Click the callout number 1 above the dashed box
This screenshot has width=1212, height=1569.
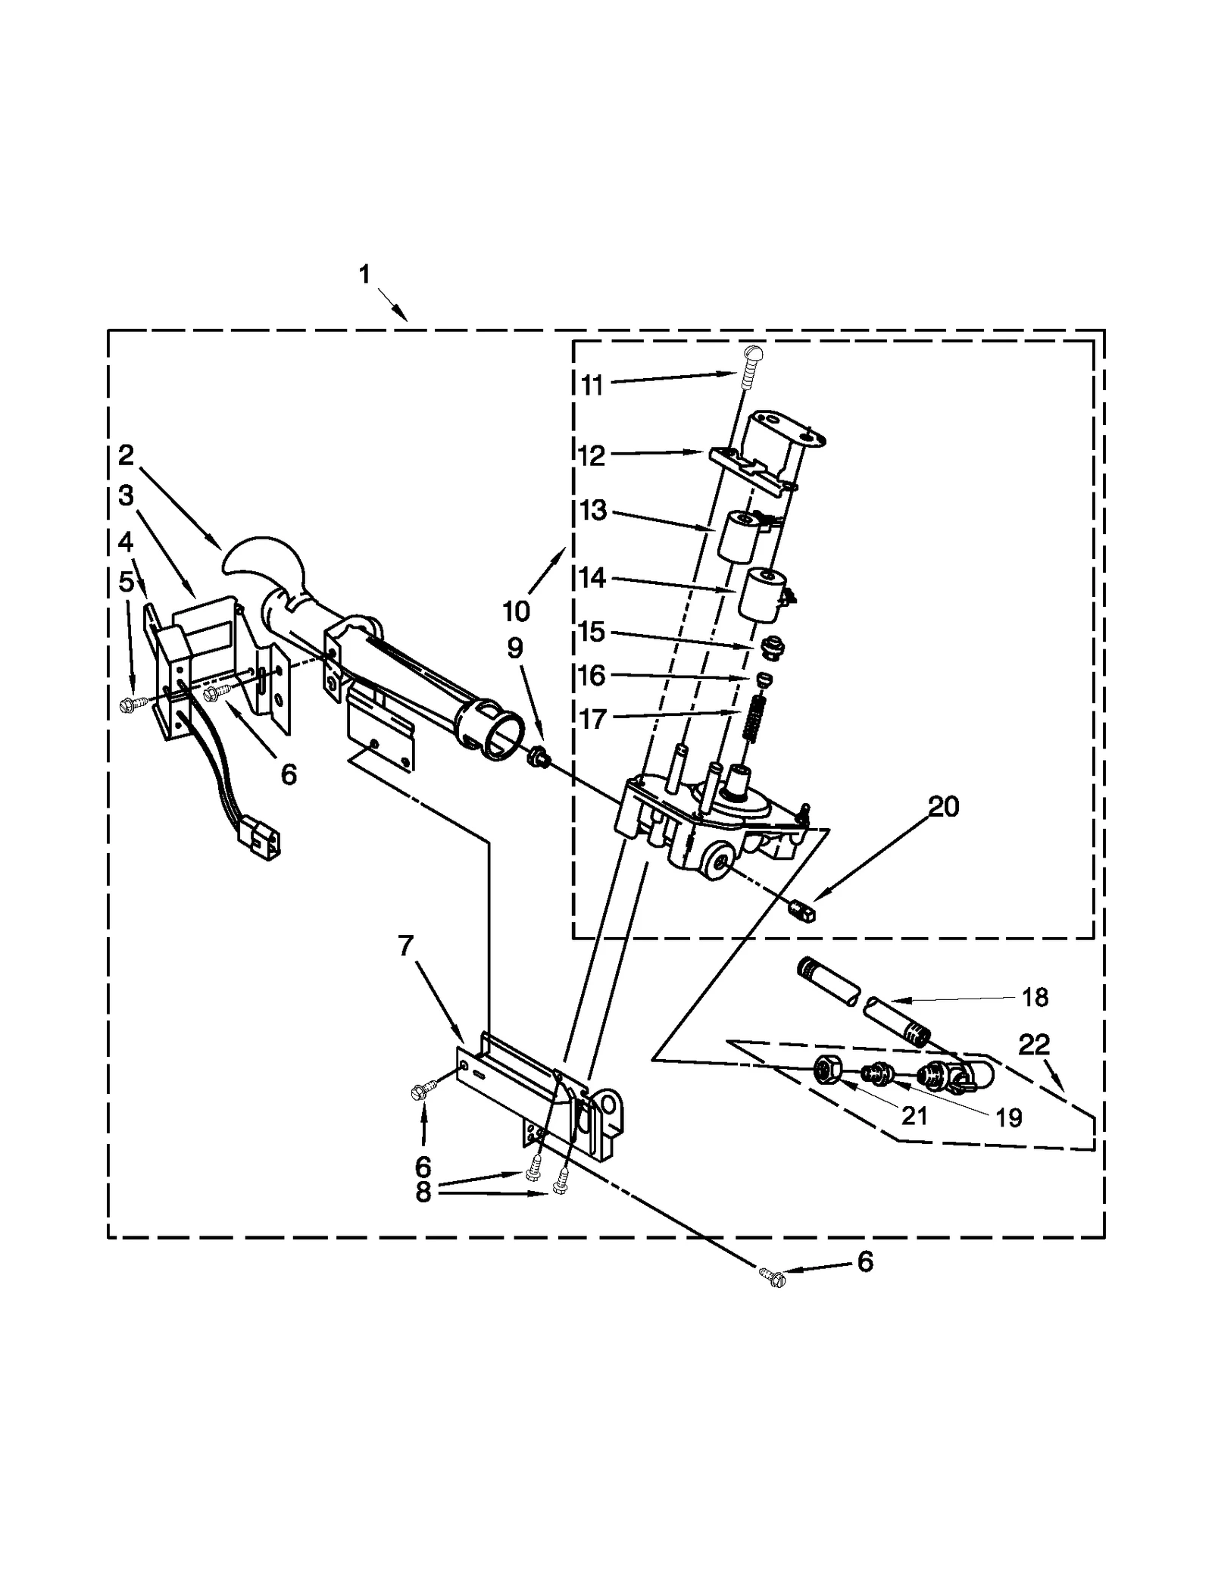(x=364, y=274)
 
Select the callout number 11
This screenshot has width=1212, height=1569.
(x=592, y=385)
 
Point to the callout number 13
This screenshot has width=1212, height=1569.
(x=593, y=511)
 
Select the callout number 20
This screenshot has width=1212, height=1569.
(x=943, y=807)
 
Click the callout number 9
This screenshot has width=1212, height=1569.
(x=514, y=648)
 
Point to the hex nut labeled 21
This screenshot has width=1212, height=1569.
(x=826, y=1069)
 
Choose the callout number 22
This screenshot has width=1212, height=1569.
(x=1034, y=1045)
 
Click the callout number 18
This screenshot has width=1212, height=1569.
(x=1035, y=998)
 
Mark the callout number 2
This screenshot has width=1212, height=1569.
(x=126, y=455)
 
